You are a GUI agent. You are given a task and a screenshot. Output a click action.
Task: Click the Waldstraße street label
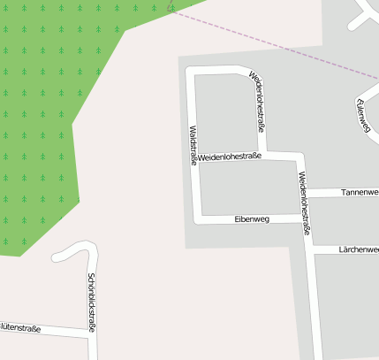(193, 146)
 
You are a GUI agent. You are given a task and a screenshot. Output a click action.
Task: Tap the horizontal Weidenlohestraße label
(230, 157)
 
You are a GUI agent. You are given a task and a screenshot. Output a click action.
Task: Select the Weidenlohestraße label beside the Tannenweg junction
(305, 203)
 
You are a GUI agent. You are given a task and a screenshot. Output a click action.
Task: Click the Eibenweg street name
(252, 218)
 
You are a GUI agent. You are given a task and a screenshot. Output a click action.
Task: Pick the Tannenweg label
(360, 191)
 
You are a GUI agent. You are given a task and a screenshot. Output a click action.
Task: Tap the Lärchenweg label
(359, 249)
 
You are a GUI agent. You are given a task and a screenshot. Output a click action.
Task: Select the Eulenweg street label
(362, 117)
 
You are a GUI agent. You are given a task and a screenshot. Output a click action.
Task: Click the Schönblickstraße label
(91, 301)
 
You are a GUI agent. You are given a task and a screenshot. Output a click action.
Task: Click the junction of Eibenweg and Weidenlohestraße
(304, 217)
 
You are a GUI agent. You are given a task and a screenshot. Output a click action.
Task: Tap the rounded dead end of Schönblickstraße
(58, 257)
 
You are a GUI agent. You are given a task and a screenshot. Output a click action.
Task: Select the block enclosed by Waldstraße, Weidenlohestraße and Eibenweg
(247, 188)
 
